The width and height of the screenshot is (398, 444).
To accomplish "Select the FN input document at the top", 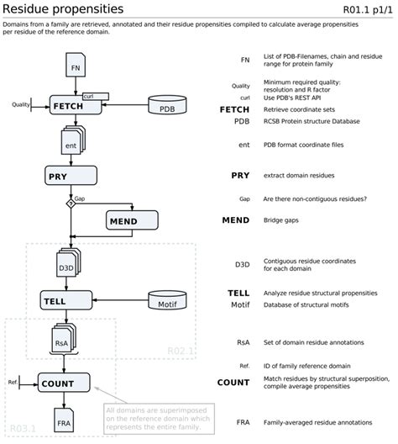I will click(x=75, y=65).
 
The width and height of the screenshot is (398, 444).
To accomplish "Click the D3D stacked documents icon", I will click(x=69, y=263).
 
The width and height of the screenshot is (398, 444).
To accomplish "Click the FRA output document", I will click(x=64, y=420).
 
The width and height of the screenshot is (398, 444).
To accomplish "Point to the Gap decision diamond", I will click(x=70, y=202).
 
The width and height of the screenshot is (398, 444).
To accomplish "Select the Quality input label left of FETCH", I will click(x=21, y=104).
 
